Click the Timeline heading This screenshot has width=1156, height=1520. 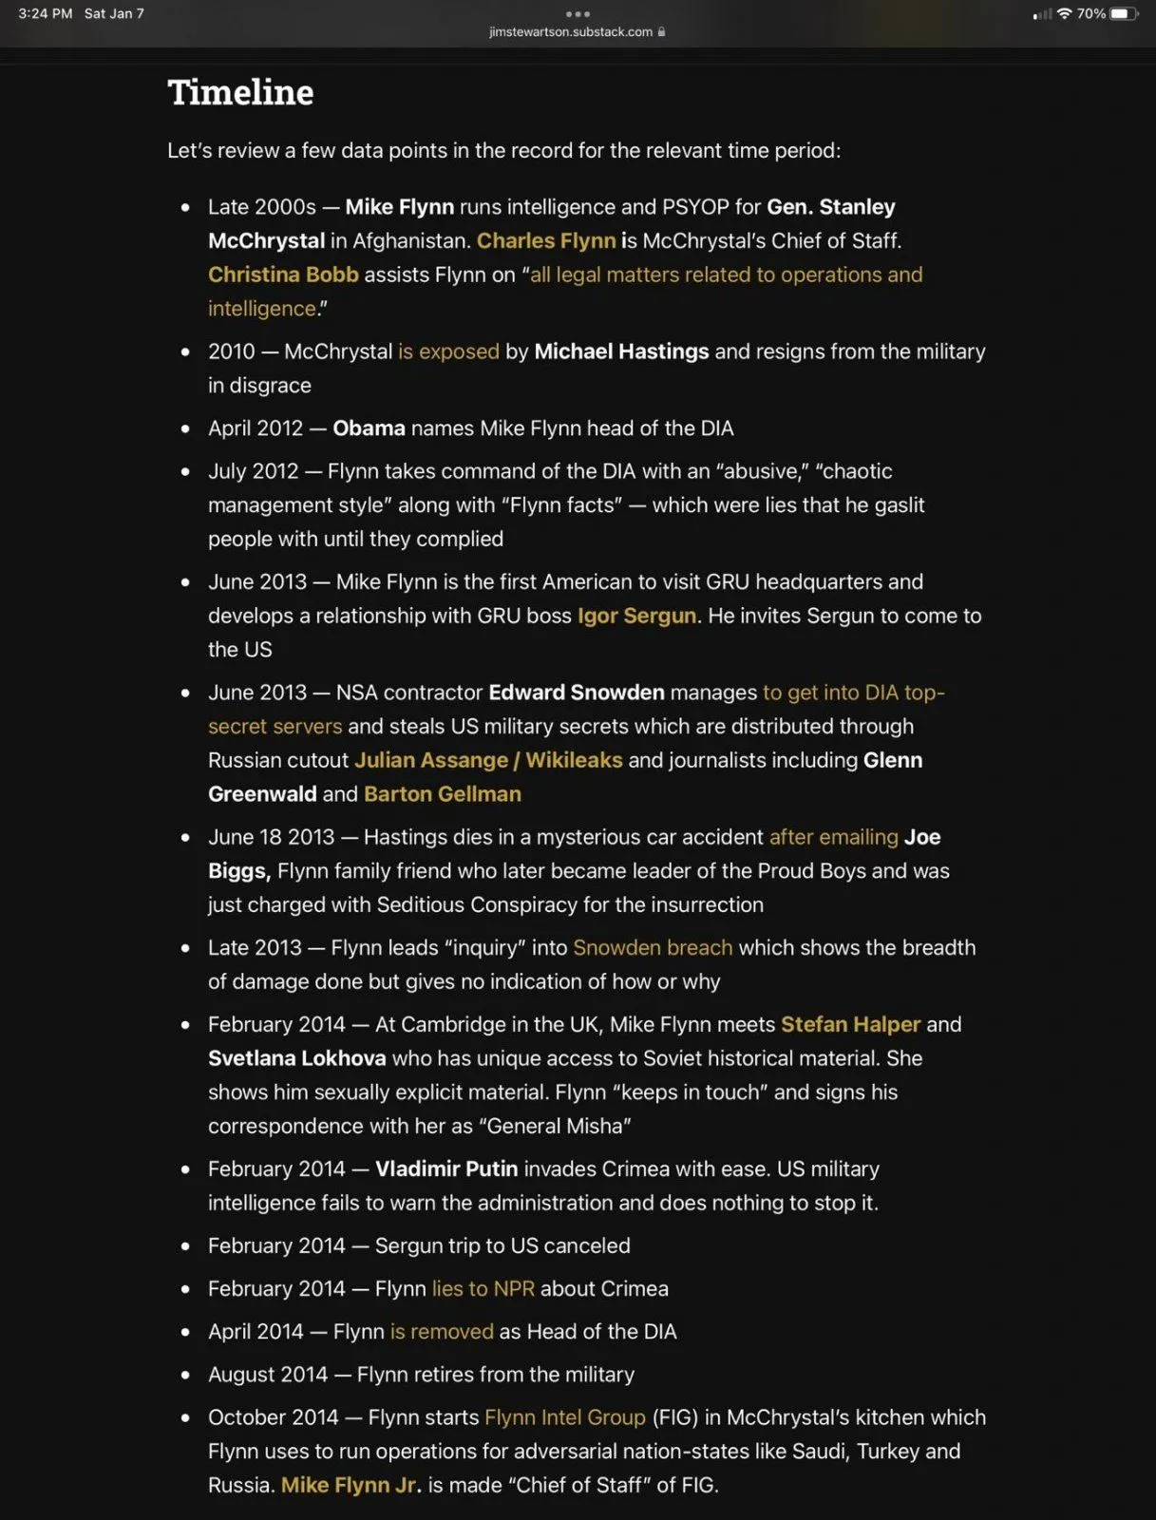tap(240, 92)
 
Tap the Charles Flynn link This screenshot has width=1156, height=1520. tap(546, 240)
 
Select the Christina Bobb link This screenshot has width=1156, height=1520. tap(283, 275)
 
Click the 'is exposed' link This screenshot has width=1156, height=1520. tap(448, 351)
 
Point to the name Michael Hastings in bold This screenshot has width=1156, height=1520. tap(621, 351)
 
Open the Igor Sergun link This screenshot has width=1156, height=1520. tap(636, 616)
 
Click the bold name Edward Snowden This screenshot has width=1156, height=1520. tap(577, 693)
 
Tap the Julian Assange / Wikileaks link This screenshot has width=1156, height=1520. tap(488, 760)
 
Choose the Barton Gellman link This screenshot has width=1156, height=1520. tap(443, 794)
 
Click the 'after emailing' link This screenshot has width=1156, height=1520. tap(833, 837)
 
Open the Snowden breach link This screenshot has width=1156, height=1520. tap(653, 947)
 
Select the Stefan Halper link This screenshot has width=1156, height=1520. tap(850, 1024)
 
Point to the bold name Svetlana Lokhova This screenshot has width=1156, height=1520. tap(297, 1058)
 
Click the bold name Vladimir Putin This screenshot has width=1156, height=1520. tap(446, 1168)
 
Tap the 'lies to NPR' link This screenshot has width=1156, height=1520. tap(483, 1288)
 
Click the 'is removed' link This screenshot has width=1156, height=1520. tap(442, 1331)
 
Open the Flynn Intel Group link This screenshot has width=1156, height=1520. tap(565, 1417)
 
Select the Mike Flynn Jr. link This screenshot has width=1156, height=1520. tap(350, 1485)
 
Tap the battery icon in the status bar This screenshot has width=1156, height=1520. tap(1123, 13)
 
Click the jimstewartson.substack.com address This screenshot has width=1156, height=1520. tap(571, 31)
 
